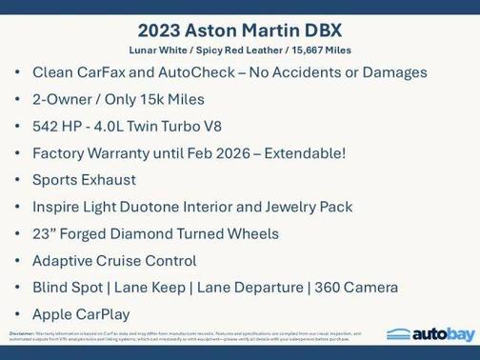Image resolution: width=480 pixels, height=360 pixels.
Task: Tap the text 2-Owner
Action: pos(64,99)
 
